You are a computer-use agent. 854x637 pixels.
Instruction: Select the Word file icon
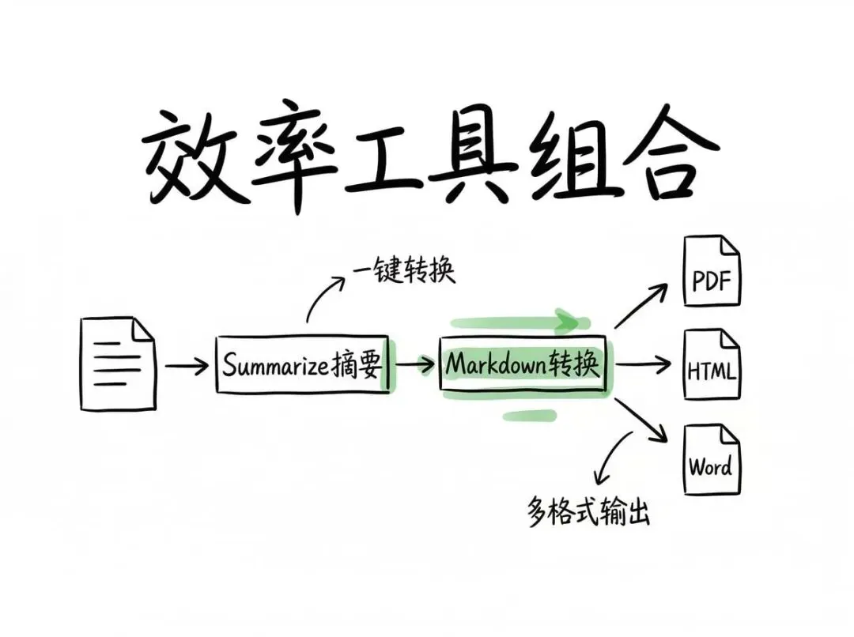711,459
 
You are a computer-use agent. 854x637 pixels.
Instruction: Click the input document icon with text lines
118,364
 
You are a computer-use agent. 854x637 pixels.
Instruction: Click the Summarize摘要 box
301,364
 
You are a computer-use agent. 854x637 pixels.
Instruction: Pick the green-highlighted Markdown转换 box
523,364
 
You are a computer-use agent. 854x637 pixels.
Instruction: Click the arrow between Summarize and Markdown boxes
414,364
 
